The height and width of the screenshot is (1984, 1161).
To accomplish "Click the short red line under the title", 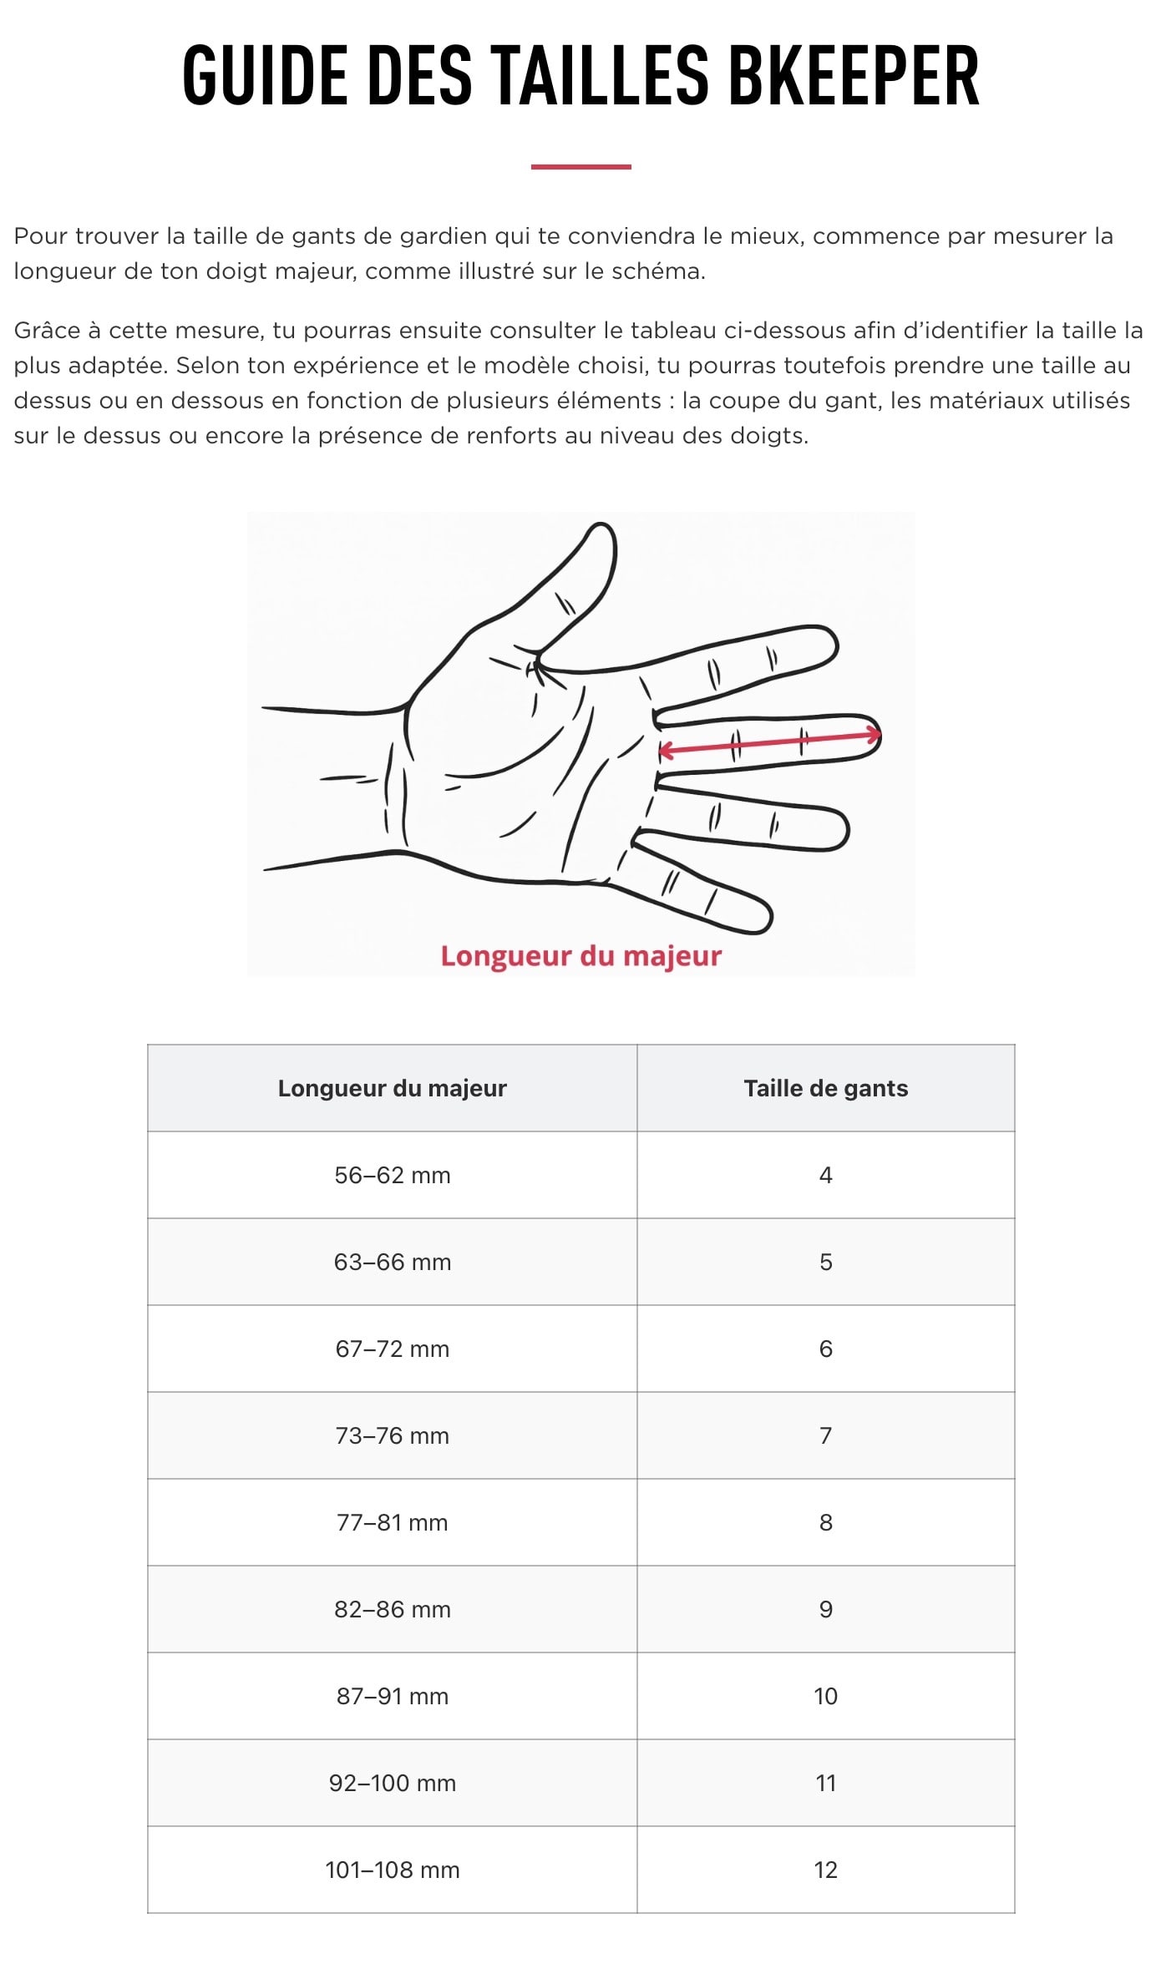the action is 580,167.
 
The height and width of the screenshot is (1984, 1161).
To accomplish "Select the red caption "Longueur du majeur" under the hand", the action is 581,956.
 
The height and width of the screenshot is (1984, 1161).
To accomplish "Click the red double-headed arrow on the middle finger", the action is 769,743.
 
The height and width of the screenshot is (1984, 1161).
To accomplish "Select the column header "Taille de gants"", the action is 826,1088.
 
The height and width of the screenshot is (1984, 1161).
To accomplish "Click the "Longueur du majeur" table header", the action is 393,1088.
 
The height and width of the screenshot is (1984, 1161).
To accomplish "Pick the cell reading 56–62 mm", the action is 393,1175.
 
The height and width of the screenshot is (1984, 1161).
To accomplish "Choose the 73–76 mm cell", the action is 393,1435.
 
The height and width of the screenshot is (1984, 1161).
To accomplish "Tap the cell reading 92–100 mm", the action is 393,1783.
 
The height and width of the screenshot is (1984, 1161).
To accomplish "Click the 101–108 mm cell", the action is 393,1870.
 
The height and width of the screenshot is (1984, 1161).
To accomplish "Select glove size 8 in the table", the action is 826,1522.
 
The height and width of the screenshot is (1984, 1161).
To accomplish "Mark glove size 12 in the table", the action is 826,1870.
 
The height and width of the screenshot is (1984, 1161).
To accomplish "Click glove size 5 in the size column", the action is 826,1262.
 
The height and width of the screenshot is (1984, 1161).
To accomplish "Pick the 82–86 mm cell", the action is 393,1609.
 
